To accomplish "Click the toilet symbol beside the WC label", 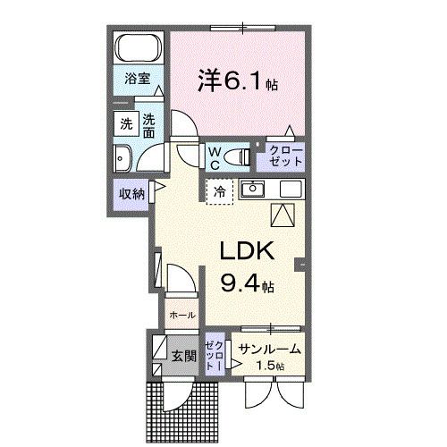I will point(237,157).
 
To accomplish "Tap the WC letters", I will point(215,157).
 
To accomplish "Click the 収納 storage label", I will point(129,192).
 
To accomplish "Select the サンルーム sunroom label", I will point(269,350).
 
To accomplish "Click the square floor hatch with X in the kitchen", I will point(284,215).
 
